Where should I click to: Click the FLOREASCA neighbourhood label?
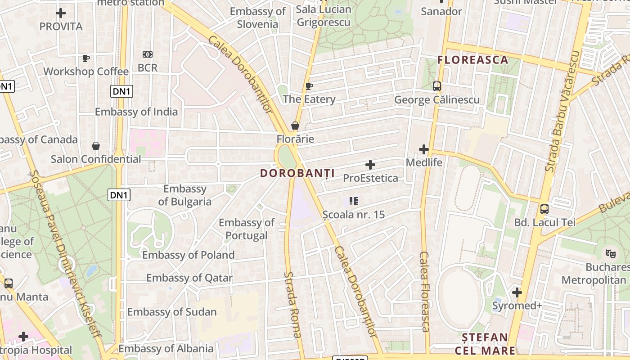472,60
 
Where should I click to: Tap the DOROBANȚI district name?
297,173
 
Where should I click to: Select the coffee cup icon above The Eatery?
309,86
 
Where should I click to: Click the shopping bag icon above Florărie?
295,126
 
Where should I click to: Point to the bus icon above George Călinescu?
436,86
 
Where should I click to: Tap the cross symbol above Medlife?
424,149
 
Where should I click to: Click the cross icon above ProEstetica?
370,165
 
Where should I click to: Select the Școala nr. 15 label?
354,215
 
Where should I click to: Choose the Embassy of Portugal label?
247,229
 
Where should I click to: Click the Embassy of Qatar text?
189,278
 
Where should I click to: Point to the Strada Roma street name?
292,305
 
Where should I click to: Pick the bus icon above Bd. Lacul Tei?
544,209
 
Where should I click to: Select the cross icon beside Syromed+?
517,293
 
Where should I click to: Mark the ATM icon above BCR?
148,54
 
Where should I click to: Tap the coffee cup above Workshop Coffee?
86,58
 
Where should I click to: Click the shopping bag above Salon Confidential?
96,146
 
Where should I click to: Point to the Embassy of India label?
136,112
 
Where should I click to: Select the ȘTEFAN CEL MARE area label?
485,344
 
